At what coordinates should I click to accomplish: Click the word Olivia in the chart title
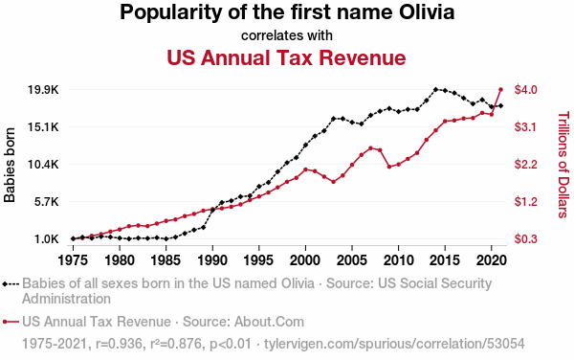click(x=427, y=11)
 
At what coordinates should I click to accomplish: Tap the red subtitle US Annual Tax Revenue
click(x=286, y=57)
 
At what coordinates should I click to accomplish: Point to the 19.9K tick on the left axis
click(x=43, y=90)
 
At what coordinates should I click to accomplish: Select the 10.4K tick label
click(x=43, y=165)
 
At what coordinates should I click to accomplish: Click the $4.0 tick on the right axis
click(x=525, y=90)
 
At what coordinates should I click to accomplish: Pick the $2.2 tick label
click(x=525, y=165)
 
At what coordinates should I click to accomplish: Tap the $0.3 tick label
click(x=525, y=238)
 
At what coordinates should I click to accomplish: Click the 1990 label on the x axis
click(x=212, y=260)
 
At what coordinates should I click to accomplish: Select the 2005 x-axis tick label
click(x=352, y=260)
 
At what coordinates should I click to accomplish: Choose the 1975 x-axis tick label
click(x=74, y=260)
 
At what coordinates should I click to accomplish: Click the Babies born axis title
click(x=10, y=165)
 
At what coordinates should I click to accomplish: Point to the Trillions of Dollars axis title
click(x=563, y=165)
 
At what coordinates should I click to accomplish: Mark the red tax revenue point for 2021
click(x=500, y=89)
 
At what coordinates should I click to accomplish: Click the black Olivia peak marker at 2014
click(x=435, y=89)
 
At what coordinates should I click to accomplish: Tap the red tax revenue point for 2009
click(x=389, y=167)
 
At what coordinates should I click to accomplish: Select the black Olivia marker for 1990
click(x=212, y=210)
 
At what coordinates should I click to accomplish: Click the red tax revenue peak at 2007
click(x=370, y=148)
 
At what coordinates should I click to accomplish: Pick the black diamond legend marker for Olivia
click(x=5, y=283)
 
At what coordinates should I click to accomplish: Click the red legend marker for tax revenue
click(x=5, y=322)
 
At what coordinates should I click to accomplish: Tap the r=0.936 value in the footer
click(x=119, y=344)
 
